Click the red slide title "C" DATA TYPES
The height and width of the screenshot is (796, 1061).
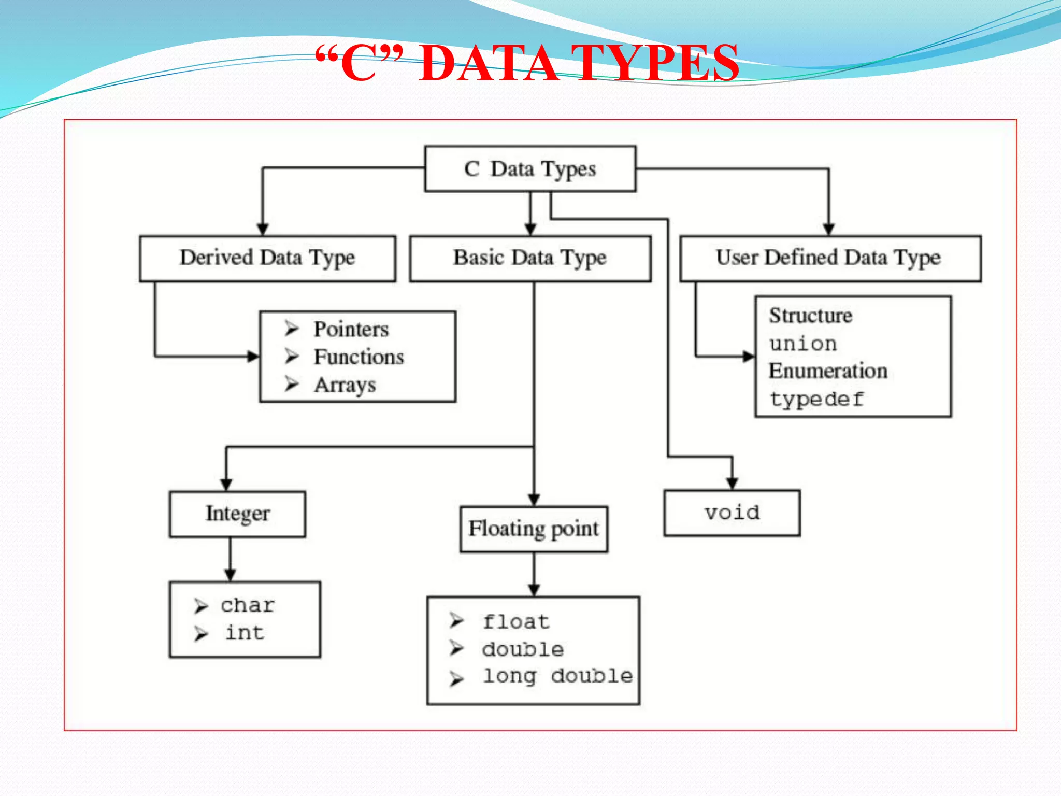pyautogui.click(x=527, y=64)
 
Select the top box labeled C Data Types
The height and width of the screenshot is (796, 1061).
pyautogui.click(x=530, y=169)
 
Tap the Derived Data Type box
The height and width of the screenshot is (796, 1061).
pyautogui.click(x=267, y=258)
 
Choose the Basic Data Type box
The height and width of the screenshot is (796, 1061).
pyautogui.click(x=530, y=258)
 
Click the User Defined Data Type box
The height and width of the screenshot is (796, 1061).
pyautogui.click(x=830, y=258)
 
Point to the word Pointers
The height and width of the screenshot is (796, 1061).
pyautogui.click(x=351, y=330)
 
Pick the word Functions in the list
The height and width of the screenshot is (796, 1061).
pyautogui.click(x=359, y=357)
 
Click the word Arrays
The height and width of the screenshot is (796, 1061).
pyautogui.click(x=345, y=385)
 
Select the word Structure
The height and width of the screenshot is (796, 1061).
pyautogui.click(x=810, y=316)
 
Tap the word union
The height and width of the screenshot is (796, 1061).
pyautogui.click(x=803, y=344)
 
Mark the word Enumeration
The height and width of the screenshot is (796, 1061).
pyautogui.click(x=828, y=371)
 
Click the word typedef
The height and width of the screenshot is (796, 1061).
pyautogui.click(x=817, y=399)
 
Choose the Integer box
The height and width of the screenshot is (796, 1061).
pyautogui.click(x=237, y=514)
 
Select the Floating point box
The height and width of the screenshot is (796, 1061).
pyautogui.click(x=534, y=529)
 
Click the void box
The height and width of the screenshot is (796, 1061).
pyautogui.click(x=732, y=513)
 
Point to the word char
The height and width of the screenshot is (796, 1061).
pyautogui.click(x=248, y=605)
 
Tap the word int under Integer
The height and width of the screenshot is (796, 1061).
pyautogui.click(x=245, y=633)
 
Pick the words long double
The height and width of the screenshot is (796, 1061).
pyautogui.click(x=557, y=676)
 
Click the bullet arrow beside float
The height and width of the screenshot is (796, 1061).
pyautogui.click(x=456, y=620)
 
